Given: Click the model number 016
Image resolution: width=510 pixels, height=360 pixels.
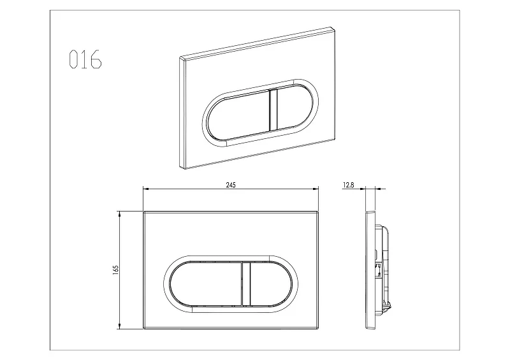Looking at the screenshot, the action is click(85, 59).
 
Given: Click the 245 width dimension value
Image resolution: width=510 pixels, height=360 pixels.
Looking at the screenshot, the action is click(231, 185).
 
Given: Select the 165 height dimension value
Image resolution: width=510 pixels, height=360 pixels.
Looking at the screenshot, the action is click(116, 270).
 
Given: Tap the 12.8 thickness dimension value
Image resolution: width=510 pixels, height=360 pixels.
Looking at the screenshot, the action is click(348, 185).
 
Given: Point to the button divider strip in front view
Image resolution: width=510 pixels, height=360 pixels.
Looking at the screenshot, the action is click(247, 284).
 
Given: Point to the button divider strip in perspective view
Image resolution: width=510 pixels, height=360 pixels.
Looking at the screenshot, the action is click(273, 110).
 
